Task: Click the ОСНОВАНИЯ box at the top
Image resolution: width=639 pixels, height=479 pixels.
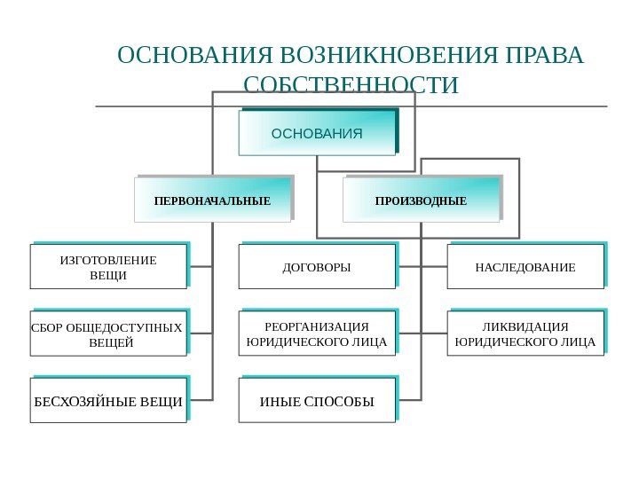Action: pos(317,134)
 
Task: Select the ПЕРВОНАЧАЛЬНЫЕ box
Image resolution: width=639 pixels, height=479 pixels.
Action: pos(212,200)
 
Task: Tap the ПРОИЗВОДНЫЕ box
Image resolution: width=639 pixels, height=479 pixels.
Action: pos(421,200)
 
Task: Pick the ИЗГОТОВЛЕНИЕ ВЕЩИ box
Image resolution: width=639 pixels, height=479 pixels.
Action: pos(108,267)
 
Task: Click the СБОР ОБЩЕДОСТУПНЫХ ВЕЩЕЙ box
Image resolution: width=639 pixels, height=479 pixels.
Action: pos(108,334)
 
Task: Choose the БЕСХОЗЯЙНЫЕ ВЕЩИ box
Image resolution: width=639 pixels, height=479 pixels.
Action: pos(108,401)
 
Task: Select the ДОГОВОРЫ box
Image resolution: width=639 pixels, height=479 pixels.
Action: pos(317,267)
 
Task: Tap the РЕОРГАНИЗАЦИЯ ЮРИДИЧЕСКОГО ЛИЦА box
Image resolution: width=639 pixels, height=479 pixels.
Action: pos(317,334)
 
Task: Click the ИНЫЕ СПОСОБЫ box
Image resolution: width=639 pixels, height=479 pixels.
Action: pos(317,401)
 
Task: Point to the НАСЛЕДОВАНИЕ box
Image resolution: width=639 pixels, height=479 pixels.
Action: pos(525,267)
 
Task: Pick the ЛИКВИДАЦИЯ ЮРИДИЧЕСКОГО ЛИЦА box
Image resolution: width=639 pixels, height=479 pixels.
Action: pos(525,334)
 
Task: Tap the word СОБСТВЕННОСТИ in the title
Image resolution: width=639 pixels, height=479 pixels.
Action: pos(351,85)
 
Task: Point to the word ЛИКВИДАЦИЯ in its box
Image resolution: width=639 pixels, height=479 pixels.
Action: pos(525,326)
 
